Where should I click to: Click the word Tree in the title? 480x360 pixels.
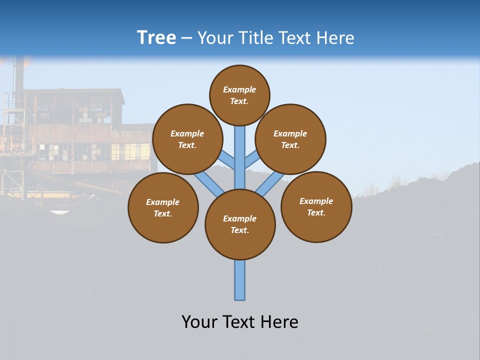[156, 37]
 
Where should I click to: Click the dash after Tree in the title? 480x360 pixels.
[186, 38]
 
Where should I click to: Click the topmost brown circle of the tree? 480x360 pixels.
[239, 95]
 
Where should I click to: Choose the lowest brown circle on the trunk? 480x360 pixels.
[240, 224]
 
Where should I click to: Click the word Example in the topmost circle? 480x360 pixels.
[239, 89]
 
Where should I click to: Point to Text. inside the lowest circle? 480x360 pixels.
[239, 230]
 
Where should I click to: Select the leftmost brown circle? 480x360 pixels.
[163, 208]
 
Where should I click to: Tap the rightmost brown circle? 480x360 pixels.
[316, 207]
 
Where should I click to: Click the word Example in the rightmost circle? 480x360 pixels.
[316, 201]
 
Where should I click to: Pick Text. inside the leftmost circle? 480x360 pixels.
[162, 214]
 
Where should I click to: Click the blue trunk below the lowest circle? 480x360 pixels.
[240, 280]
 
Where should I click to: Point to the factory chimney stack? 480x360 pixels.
[19, 75]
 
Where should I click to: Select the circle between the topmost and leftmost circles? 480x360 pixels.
[187, 139]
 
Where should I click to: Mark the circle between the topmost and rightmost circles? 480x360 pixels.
[290, 139]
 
